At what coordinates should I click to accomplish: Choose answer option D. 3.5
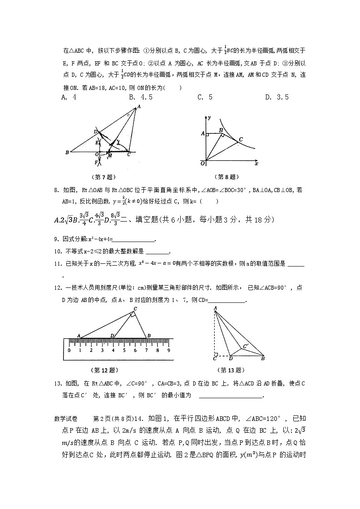[x=277, y=97]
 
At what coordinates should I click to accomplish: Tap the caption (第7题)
[x=104, y=177]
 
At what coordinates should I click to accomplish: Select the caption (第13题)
[x=229, y=370]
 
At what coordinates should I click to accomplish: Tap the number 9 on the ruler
[x=168, y=351]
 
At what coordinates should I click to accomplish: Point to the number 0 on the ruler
[x=69, y=351]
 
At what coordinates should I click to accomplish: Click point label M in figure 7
[x=109, y=157]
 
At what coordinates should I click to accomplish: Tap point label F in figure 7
[x=96, y=162]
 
